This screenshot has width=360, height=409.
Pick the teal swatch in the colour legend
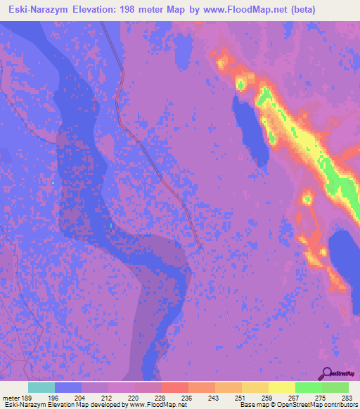click(41, 387)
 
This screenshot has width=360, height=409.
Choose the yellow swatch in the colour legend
click(281, 387)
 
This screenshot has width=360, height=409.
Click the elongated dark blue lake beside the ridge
click(250, 123)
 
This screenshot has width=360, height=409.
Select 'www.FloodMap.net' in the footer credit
click(159, 405)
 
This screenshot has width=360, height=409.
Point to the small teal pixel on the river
click(53, 183)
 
